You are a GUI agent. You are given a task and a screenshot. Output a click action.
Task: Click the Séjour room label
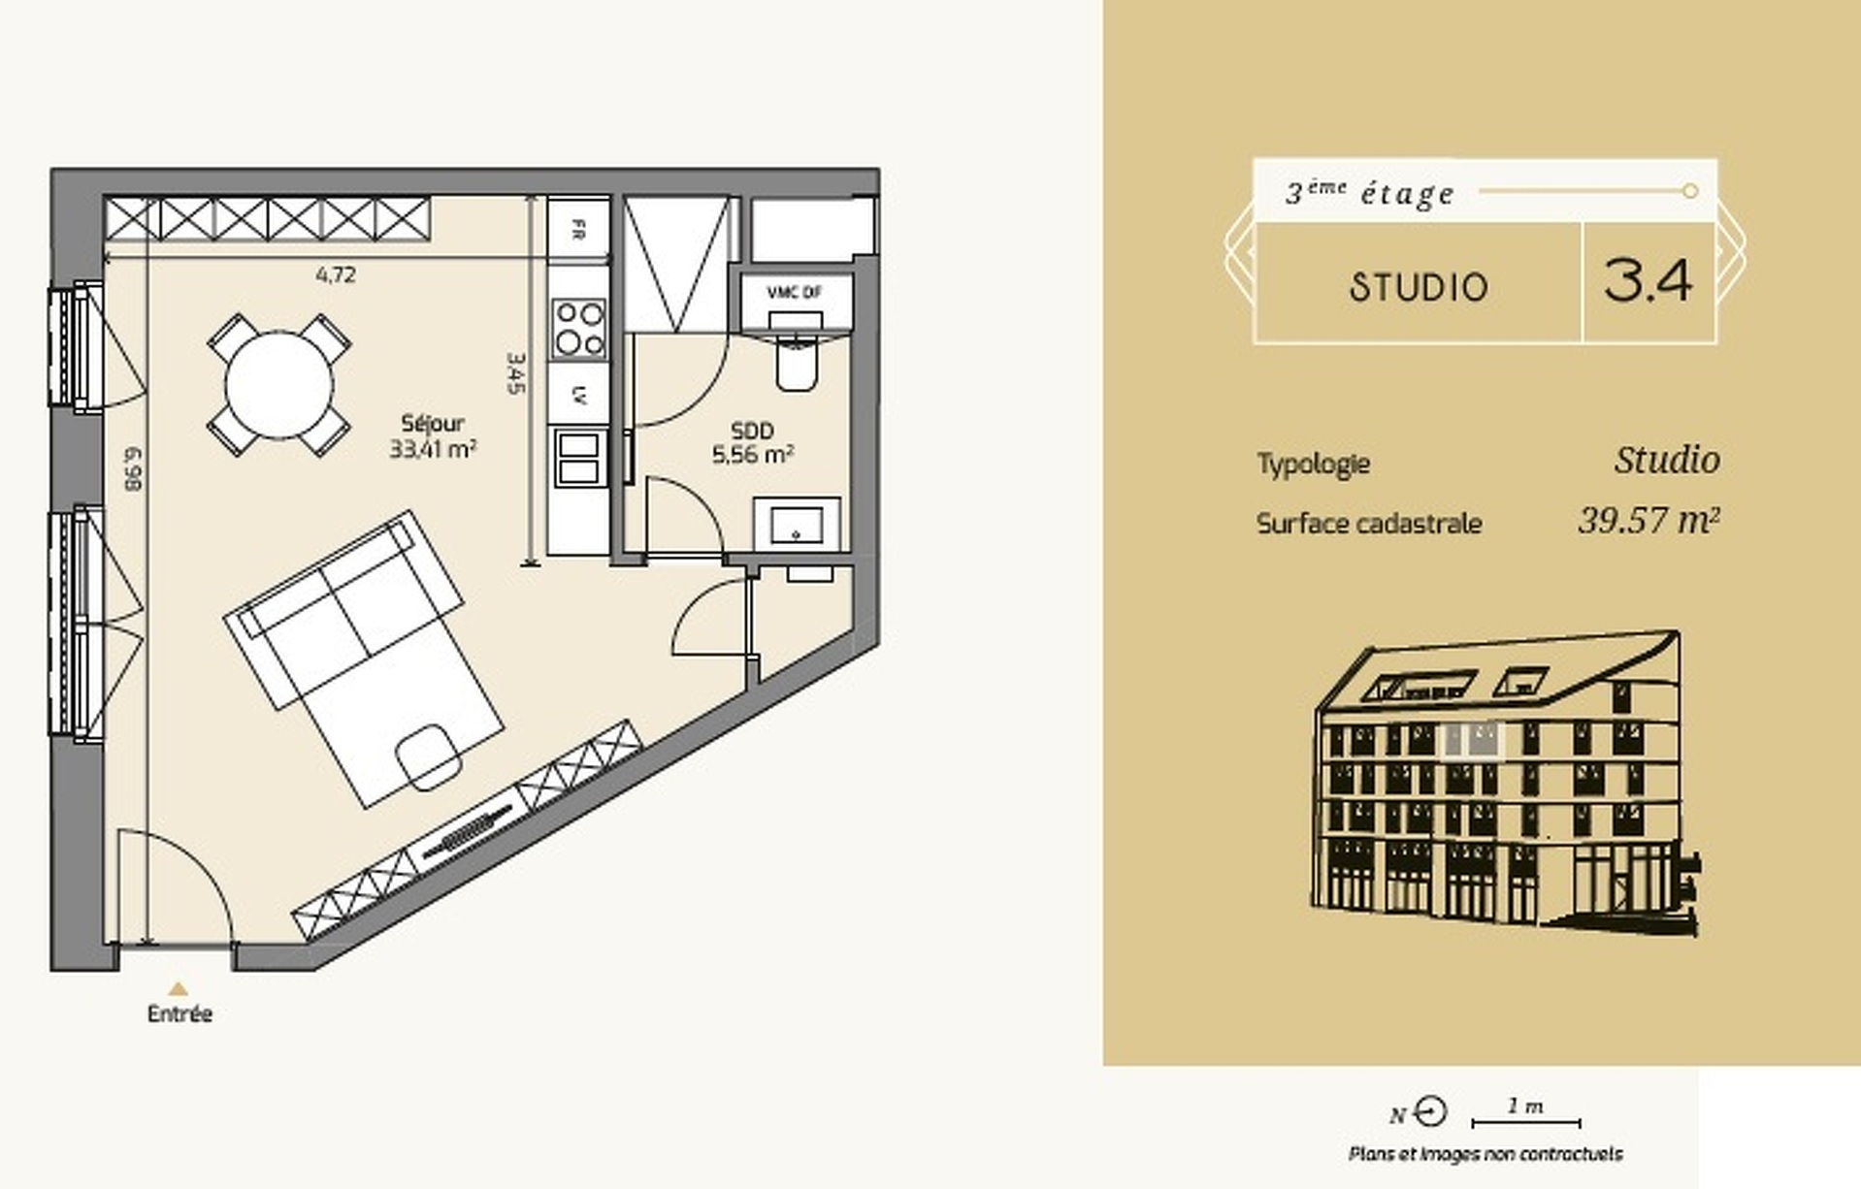[433, 423]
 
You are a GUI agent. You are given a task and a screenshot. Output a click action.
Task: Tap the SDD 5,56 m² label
[753, 442]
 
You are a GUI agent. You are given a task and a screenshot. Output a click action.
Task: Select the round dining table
[279, 385]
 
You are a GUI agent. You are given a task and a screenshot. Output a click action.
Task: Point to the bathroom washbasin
[797, 525]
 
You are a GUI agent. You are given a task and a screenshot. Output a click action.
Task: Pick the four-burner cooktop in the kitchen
[578, 328]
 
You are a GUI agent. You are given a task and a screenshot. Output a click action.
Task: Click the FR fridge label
[578, 230]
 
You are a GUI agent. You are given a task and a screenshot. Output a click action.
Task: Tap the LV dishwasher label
[579, 394]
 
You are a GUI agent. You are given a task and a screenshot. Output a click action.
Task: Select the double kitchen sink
[577, 458]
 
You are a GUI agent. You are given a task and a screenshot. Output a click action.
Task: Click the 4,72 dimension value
[336, 274]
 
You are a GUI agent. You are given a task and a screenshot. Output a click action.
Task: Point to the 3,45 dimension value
[515, 372]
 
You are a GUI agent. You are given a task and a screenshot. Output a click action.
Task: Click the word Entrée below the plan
[180, 1013]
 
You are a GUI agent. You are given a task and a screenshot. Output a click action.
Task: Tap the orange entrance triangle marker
[179, 989]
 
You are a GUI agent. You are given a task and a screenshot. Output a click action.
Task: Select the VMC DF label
[794, 292]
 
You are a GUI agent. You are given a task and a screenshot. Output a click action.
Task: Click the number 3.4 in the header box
[1648, 280]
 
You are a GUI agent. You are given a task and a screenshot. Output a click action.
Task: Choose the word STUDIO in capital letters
[1418, 287]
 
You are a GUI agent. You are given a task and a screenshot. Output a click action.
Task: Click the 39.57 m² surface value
[1649, 521]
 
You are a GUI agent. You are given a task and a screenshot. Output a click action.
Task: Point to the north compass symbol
[1430, 1111]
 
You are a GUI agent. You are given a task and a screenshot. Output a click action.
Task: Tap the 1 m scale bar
[1526, 1123]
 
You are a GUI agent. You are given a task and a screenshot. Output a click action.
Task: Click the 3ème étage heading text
[1370, 193]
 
